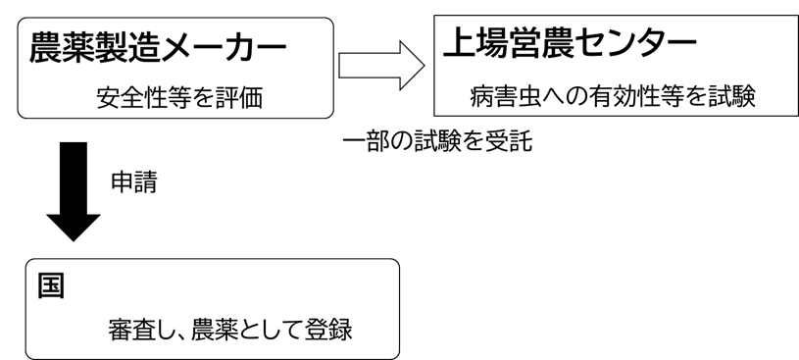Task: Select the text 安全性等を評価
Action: tap(179, 98)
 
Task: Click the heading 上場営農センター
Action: tap(570, 42)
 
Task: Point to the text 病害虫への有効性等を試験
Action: tap(613, 98)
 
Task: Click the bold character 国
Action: tap(50, 285)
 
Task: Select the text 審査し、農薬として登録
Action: tap(229, 329)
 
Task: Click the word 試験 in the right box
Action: tap(731, 98)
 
